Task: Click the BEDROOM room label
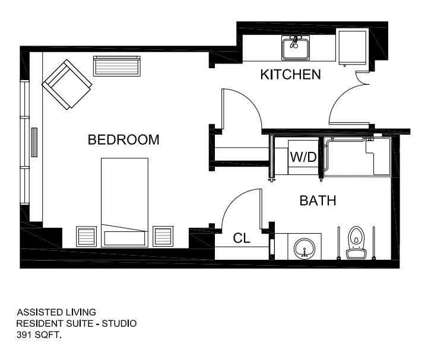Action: click(x=123, y=139)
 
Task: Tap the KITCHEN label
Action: click(x=290, y=75)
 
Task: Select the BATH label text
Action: click(x=318, y=200)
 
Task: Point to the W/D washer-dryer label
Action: click(x=303, y=157)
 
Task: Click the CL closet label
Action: click(x=242, y=238)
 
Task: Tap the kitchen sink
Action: click(x=296, y=48)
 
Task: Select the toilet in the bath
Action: click(x=356, y=242)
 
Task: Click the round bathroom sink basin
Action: click(x=305, y=248)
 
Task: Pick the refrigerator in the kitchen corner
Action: click(x=353, y=47)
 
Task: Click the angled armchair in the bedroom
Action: click(x=67, y=85)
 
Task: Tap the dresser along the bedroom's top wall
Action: click(x=117, y=66)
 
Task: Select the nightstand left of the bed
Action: click(x=86, y=237)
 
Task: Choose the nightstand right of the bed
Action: click(x=163, y=237)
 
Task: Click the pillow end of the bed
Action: click(x=125, y=238)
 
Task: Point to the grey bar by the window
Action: click(x=34, y=142)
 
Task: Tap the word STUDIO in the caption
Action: click(x=119, y=323)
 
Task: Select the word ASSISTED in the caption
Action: click(x=36, y=312)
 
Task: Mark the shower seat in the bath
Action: click(x=378, y=158)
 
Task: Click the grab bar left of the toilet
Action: click(x=338, y=242)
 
